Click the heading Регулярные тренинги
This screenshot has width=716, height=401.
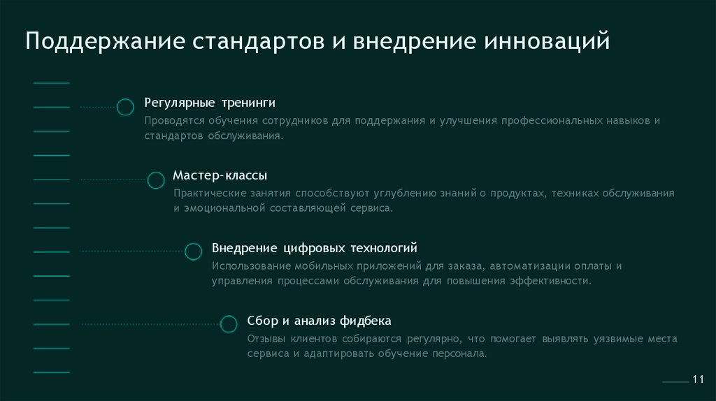210,103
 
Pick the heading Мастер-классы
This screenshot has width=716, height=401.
220,175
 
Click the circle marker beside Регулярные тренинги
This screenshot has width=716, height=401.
125,107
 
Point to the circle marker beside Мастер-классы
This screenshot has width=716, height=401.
156,180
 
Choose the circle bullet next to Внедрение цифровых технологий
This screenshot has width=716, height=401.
193,252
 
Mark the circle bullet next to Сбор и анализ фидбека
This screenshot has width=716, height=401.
229,324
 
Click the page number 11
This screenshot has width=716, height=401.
697,379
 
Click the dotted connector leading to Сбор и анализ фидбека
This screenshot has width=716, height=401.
150,324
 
